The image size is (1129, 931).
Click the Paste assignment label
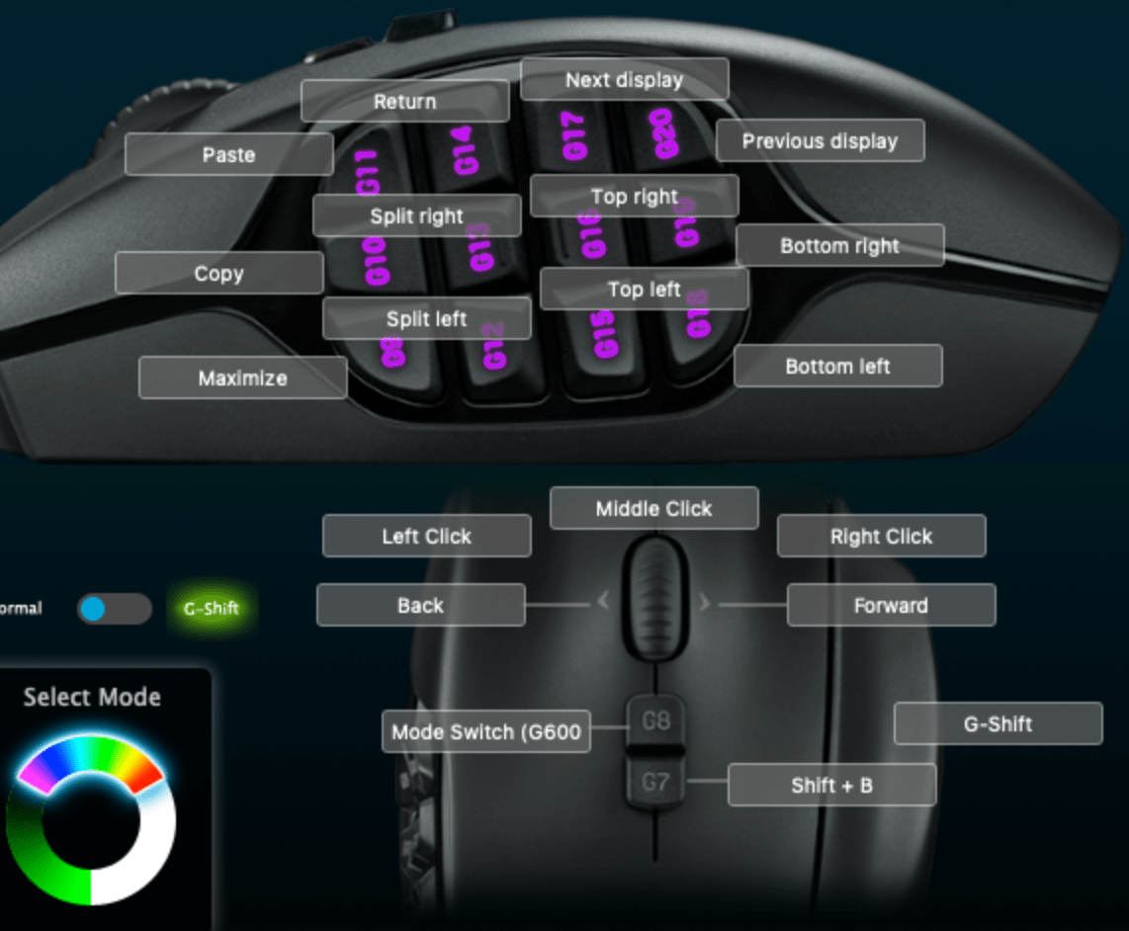(x=228, y=154)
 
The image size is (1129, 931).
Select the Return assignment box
(x=404, y=101)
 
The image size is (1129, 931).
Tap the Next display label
(x=624, y=79)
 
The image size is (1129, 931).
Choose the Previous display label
(x=820, y=140)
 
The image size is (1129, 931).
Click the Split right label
(x=416, y=215)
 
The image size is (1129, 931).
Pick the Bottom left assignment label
(x=837, y=366)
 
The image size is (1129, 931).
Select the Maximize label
(x=242, y=378)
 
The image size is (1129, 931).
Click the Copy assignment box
(x=218, y=273)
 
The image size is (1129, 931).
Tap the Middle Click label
(x=653, y=508)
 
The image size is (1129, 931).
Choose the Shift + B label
(x=831, y=785)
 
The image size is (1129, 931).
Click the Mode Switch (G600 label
(x=486, y=732)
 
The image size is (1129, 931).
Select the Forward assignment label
(x=891, y=605)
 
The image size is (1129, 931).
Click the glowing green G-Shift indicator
(x=212, y=608)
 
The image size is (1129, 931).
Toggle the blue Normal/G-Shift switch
(x=114, y=609)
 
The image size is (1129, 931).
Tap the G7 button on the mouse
(x=655, y=783)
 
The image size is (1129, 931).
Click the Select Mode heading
(x=92, y=697)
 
